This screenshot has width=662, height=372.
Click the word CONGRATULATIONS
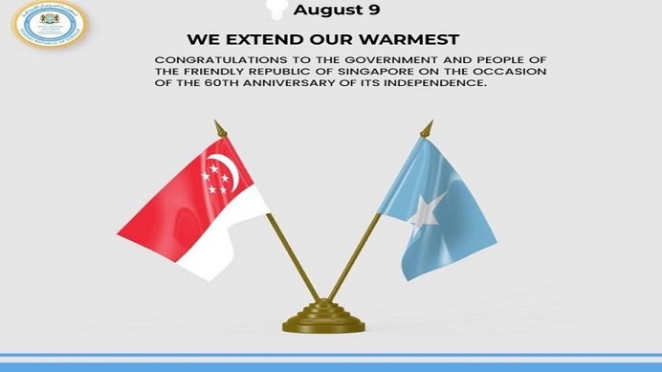click(x=205, y=60)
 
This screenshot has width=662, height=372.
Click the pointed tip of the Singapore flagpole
click(x=216, y=123)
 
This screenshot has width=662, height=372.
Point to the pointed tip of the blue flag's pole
click(x=430, y=123)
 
